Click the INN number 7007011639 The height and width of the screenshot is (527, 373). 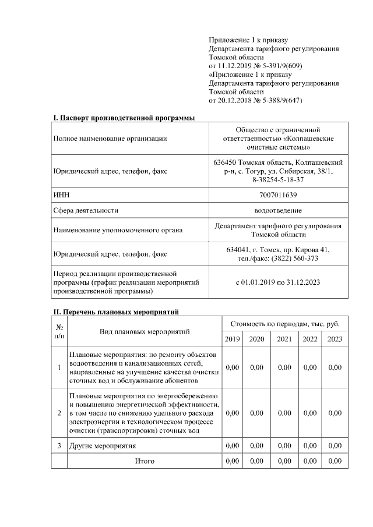(278, 194)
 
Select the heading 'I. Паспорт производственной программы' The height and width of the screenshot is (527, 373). (124, 118)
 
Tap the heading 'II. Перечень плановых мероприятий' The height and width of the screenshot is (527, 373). (116, 312)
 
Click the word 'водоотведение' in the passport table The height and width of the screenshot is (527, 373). (278, 210)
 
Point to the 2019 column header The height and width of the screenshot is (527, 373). (232, 339)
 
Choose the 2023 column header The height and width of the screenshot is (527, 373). (335, 339)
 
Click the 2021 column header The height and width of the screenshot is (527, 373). (284, 339)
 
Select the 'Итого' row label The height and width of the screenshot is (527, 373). (145, 461)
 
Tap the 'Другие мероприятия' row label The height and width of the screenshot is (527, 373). (103, 445)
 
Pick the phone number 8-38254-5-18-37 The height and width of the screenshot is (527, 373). (278, 180)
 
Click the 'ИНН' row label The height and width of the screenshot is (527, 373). (61, 194)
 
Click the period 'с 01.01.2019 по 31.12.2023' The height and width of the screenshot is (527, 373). (278, 282)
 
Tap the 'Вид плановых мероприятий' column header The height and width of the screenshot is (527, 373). (145, 331)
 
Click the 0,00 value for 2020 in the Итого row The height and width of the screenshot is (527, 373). (256, 461)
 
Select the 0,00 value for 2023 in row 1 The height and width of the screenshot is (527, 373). (335, 367)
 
